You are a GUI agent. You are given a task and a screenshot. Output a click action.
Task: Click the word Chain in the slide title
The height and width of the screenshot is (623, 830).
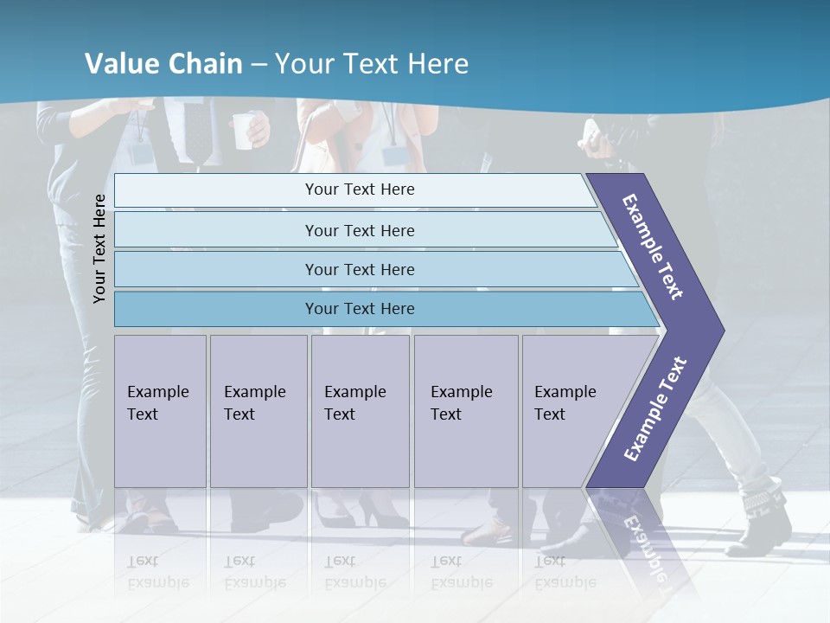pyautogui.click(x=205, y=64)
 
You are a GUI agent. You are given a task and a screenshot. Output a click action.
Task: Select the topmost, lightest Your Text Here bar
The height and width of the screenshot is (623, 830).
pyautogui.click(x=359, y=189)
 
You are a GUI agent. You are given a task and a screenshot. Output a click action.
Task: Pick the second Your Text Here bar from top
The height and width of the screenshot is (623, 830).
pyautogui.click(x=359, y=230)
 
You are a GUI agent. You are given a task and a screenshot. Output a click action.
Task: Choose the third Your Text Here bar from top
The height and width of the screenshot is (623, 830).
pyautogui.click(x=359, y=269)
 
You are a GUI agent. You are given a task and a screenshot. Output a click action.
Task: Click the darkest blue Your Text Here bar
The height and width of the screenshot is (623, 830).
pyautogui.click(x=359, y=309)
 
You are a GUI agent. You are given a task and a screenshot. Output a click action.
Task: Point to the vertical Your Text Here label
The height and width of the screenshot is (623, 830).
pyautogui.click(x=99, y=248)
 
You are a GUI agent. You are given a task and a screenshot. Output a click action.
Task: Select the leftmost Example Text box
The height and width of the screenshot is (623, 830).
pyautogui.click(x=160, y=411)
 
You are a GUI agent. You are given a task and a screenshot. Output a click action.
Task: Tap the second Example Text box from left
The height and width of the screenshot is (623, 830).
pyautogui.click(x=259, y=411)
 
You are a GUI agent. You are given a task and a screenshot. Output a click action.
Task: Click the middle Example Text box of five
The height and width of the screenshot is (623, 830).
pyautogui.click(x=360, y=411)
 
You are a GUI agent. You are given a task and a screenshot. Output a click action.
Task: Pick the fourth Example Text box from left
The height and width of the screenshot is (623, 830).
pyautogui.click(x=466, y=411)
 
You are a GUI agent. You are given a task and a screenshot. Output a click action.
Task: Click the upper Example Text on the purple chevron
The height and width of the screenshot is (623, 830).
pyautogui.click(x=654, y=247)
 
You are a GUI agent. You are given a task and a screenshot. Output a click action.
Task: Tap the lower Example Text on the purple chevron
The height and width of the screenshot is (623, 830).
pyautogui.click(x=655, y=409)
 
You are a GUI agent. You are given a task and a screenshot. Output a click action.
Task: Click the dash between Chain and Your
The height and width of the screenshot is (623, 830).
pyautogui.click(x=259, y=65)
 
